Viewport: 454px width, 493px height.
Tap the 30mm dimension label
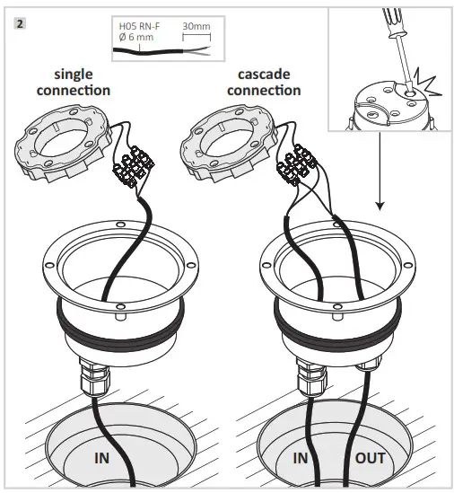196,28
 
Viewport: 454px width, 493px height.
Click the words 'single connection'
82,84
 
